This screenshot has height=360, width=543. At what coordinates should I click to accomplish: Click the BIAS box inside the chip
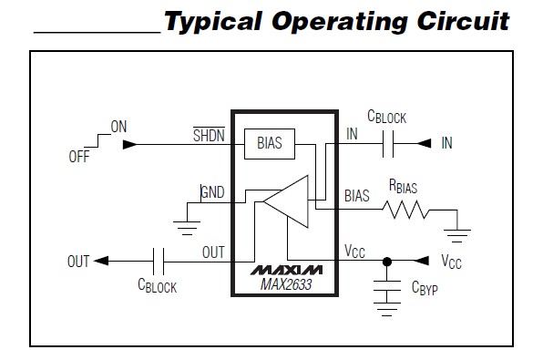pos(270,143)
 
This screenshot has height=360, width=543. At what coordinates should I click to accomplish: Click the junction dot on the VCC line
pos(386,262)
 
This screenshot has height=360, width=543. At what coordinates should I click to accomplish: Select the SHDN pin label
pos(207,135)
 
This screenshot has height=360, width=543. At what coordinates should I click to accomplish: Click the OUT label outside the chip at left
pos(78,262)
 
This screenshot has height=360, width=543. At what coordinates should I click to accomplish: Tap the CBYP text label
pos(425,289)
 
